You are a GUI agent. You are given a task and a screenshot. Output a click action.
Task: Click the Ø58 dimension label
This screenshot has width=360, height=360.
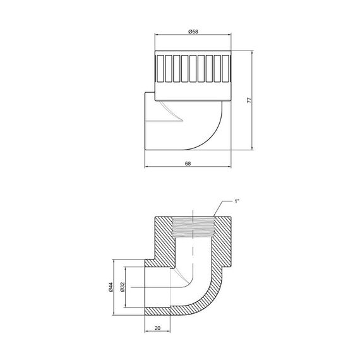[194, 30]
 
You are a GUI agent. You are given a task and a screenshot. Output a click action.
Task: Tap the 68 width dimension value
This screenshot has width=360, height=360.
[188, 163]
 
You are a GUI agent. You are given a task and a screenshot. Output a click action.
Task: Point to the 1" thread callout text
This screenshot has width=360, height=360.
[237, 201]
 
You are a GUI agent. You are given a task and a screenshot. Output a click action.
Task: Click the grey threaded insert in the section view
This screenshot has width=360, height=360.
[193, 227]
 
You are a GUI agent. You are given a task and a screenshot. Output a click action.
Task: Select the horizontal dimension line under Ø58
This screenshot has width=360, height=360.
[193, 36]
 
